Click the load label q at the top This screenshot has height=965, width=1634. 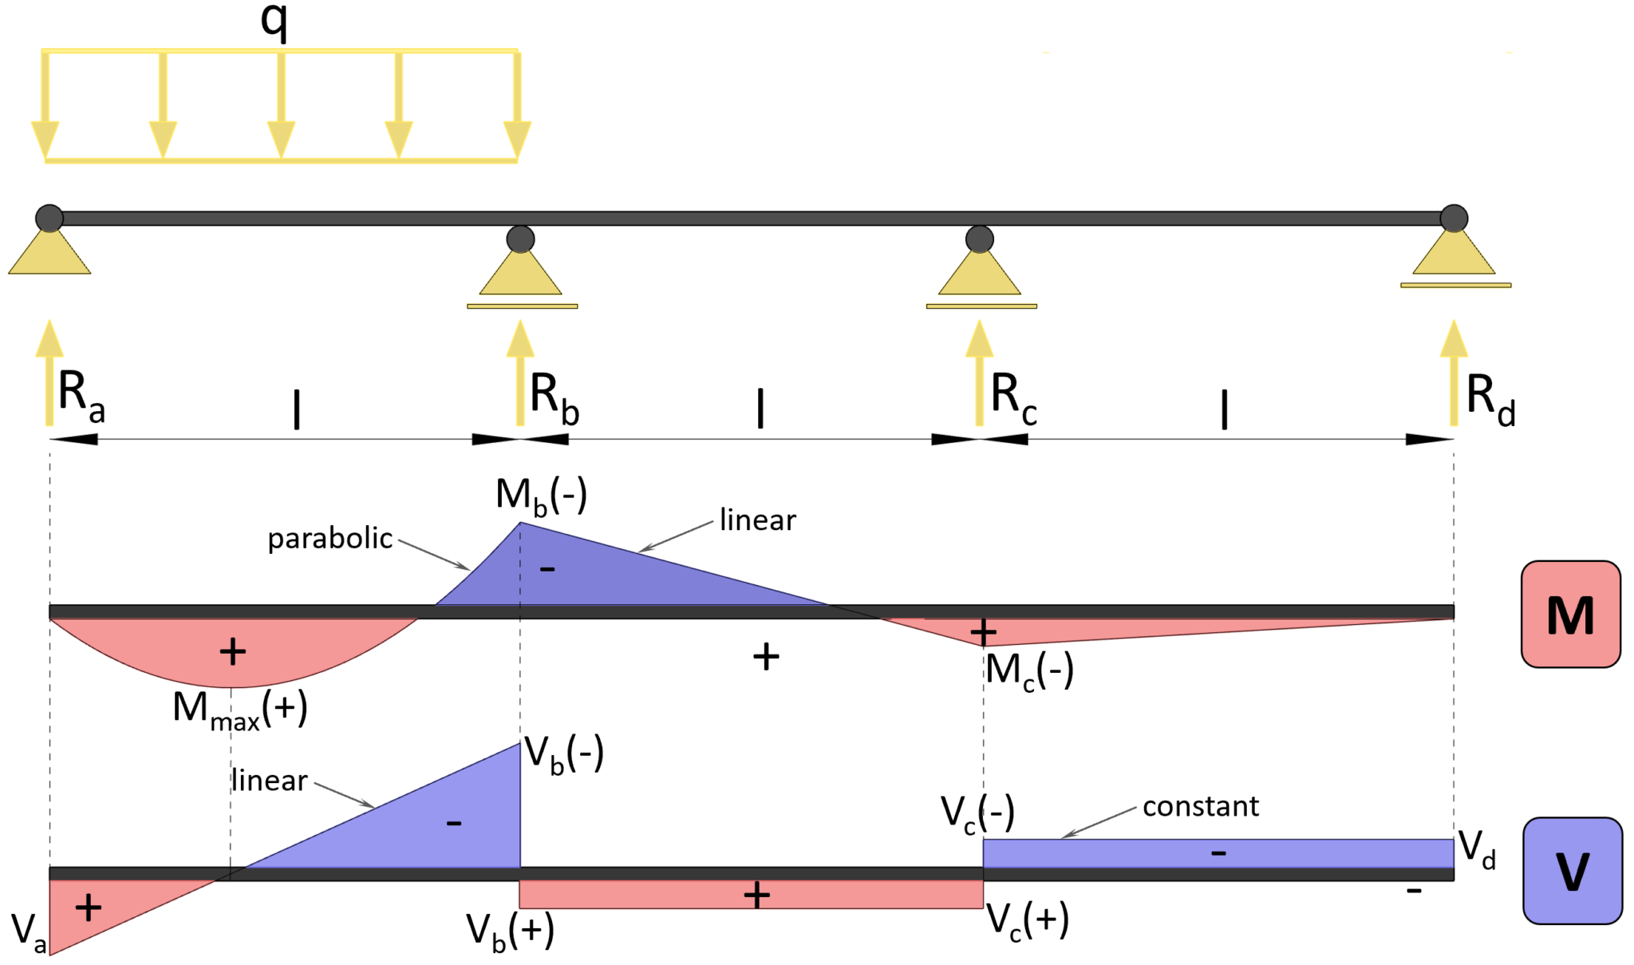click(274, 21)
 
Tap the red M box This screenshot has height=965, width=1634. click(1569, 614)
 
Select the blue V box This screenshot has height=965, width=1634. click(1572, 871)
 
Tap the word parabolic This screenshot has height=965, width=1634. click(330, 539)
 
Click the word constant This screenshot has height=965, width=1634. click(1201, 806)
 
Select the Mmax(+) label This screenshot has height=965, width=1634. click(239, 709)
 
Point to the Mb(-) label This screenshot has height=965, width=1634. click(541, 496)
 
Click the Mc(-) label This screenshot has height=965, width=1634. click(1028, 670)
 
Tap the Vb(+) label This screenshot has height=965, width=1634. click(510, 931)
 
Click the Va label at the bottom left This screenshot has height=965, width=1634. click(29, 933)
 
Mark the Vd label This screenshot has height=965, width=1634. click(1476, 848)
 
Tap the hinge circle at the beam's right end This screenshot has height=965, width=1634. click(1453, 218)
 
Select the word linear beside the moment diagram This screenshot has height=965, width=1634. click(757, 520)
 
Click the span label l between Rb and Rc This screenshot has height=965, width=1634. click(760, 408)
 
